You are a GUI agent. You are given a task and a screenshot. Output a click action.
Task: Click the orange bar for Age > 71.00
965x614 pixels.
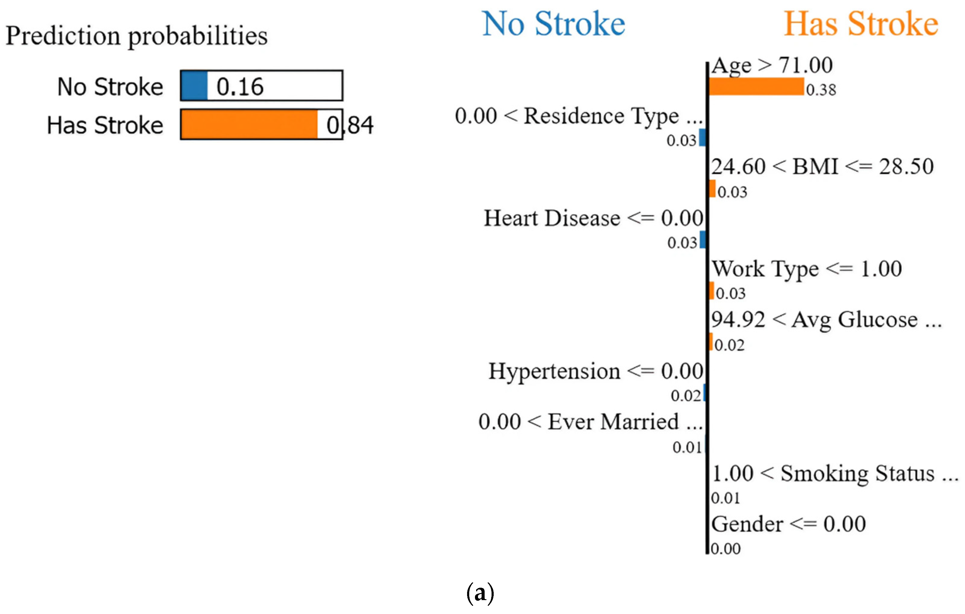[x=756, y=87]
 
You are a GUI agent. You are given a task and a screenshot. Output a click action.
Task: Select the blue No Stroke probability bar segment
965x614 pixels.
[x=194, y=86]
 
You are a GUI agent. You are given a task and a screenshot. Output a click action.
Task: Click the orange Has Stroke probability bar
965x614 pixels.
[x=249, y=125]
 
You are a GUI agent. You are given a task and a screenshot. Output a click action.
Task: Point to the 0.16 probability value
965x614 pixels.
[x=240, y=87]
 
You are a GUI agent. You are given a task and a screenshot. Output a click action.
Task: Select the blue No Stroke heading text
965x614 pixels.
[x=553, y=24]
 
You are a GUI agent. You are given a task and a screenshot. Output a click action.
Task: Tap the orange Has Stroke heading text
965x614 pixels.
[x=861, y=24]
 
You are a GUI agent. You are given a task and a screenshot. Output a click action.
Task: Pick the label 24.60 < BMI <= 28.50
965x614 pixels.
[x=822, y=166]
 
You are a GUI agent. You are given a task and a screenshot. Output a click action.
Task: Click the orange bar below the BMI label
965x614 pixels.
[x=712, y=189]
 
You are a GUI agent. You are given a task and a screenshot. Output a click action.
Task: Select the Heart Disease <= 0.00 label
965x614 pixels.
[x=594, y=218]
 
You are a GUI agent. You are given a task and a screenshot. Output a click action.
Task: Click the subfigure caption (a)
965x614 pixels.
[x=480, y=593]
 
